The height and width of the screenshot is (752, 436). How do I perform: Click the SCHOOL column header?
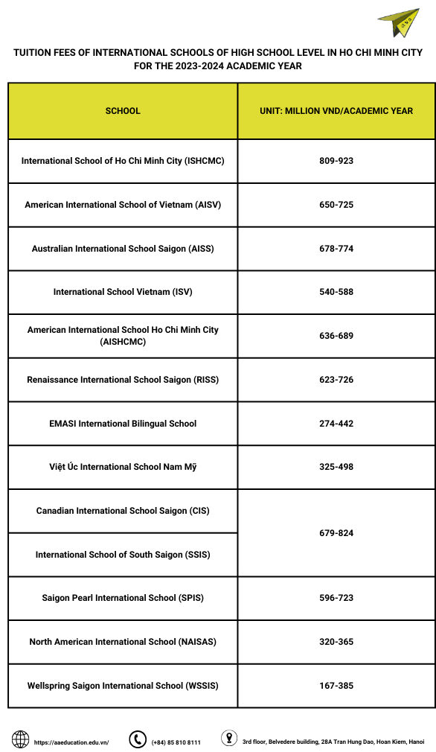click(123, 111)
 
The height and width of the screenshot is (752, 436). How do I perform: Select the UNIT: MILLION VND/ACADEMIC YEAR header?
click(336, 111)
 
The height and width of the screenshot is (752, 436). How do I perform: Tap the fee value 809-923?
click(336, 161)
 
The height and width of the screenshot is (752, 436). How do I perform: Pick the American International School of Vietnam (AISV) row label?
click(123, 205)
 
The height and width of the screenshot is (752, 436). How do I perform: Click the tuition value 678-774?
click(336, 249)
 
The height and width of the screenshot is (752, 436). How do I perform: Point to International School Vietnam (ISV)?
click(123, 292)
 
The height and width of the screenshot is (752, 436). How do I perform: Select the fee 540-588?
click(336, 292)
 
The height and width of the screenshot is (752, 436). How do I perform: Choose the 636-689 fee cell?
click(336, 336)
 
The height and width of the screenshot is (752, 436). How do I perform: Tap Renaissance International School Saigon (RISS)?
click(123, 380)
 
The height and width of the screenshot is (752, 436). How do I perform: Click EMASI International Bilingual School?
click(123, 424)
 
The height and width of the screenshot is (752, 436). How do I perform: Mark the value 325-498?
click(336, 467)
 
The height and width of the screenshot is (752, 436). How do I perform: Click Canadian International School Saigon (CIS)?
click(123, 511)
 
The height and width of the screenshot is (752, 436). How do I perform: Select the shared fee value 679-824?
click(336, 533)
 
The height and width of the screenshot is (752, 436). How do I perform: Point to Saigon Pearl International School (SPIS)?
click(123, 598)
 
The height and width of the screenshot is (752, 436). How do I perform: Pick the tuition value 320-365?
click(336, 642)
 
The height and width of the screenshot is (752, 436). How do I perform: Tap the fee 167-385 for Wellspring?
click(336, 686)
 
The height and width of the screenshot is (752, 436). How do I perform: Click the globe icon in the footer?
click(21, 739)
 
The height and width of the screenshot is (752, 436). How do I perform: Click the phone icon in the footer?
click(137, 739)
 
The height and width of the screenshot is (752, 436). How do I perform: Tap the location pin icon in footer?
click(229, 739)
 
